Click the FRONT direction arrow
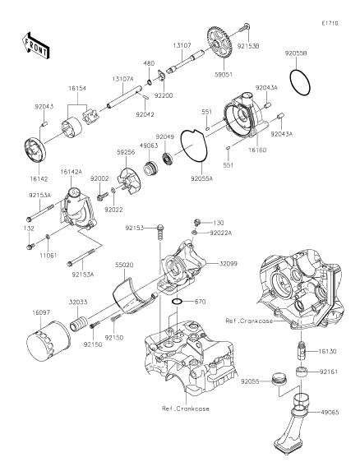click(x=35, y=46)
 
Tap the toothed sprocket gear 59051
click(x=219, y=43)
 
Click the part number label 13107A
click(x=122, y=79)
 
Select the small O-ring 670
click(x=178, y=302)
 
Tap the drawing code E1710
click(x=330, y=23)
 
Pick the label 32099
click(x=228, y=264)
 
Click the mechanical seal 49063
click(x=150, y=168)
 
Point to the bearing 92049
click(x=168, y=157)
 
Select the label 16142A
click(x=72, y=172)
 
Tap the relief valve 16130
click(x=301, y=351)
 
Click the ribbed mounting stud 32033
click(x=78, y=322)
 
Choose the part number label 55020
click(x=124, y=265)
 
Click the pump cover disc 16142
click(x=35, y=151)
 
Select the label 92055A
click(x=201, y=178)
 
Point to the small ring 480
click(x=149, y=81)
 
